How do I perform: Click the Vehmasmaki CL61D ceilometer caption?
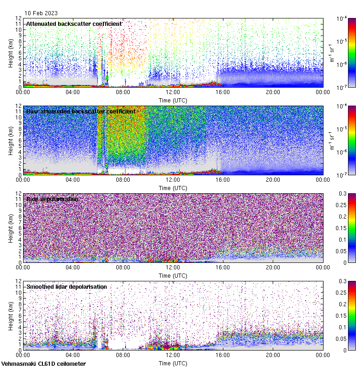tap(43, 364)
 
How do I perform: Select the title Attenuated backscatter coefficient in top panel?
tap(74, 24)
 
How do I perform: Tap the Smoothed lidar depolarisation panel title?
tap(66, 287)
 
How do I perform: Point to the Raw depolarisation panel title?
tap(52, 199)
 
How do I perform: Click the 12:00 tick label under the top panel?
tap(173, 92)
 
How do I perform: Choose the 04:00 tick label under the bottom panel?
tap(73, 355)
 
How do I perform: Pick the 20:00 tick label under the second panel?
tap(273, 179)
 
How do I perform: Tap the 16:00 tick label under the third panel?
tap(222, 267)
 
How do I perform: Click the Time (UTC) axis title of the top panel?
tap(173, 100)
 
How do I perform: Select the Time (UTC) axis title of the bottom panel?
tap(173, 363)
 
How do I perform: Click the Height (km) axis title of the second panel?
tap(11, 140)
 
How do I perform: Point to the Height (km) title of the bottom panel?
tap(11, 315)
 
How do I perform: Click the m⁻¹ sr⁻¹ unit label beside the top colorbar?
tap(331, 53)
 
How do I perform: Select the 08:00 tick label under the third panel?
tap(123, 267)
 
